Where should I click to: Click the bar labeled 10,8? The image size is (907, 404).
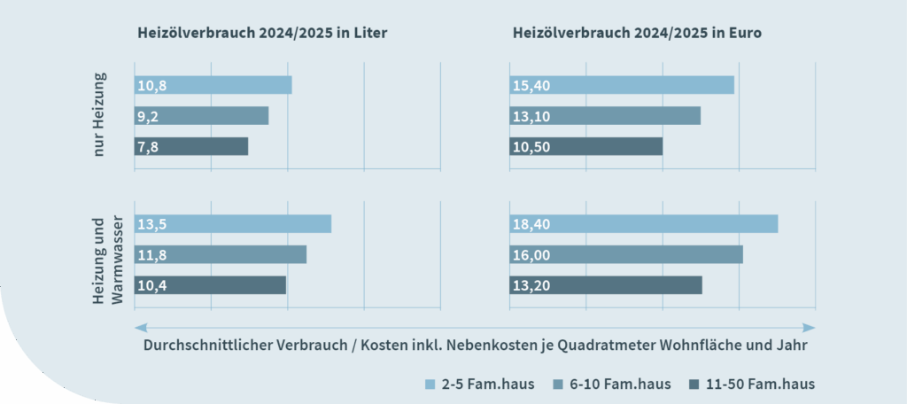[x=213, y=85]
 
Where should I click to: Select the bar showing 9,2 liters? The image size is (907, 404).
[x=201, y=115]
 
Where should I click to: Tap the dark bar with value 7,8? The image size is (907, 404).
[x=191, y=146]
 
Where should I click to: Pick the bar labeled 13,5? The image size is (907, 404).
[x=233, y=223]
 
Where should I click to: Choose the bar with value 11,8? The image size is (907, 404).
[x=221, y=254]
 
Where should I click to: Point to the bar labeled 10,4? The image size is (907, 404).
[x=211, y=285]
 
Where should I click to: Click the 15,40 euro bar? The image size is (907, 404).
[x=622, y=85]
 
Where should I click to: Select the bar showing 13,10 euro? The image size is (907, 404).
[x=605, y=115]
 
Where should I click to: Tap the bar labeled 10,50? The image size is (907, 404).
[x=586, y=146]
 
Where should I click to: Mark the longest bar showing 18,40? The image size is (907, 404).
[x=644, y=223]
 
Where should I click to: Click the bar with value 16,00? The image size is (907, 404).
[x=626, y=254]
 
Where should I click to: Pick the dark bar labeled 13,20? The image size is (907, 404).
[x=606, y=285]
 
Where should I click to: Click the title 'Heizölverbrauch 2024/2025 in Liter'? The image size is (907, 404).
[x=263, y=33]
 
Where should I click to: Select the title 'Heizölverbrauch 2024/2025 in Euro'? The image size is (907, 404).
[x=638, y=33]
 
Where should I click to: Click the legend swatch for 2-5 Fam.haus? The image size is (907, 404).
[x=431, y=385]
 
